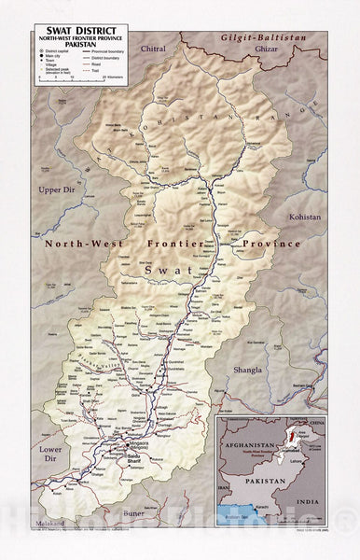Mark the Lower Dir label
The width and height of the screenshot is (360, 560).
click(x=49, y=453)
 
